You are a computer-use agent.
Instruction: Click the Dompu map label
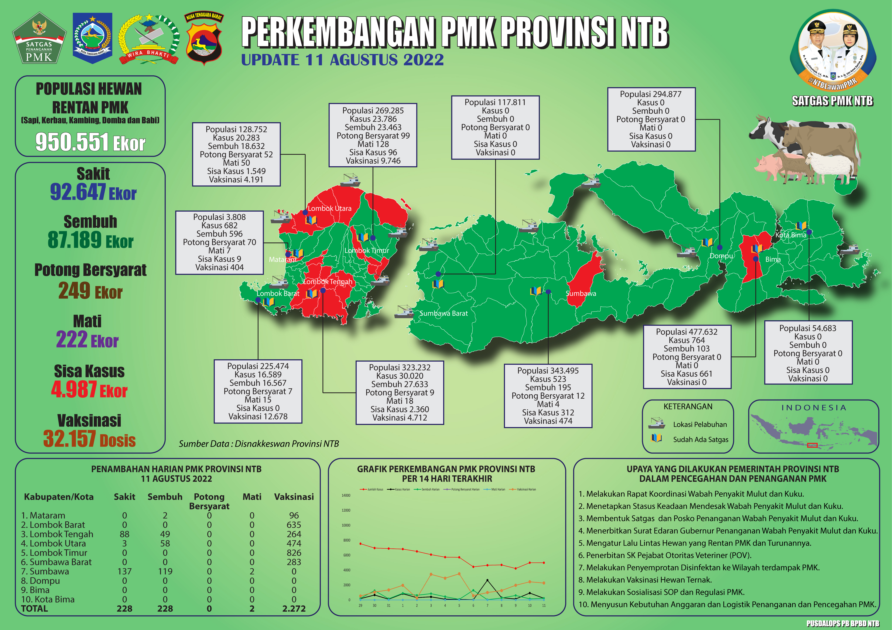click(721, 256)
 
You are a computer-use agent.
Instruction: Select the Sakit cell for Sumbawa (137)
click(124, 571)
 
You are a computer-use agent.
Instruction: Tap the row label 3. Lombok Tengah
click(57, 534)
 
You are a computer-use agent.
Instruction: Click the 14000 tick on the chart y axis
click(346, 496)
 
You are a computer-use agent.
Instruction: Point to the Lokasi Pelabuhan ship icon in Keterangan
click(657, 423)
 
